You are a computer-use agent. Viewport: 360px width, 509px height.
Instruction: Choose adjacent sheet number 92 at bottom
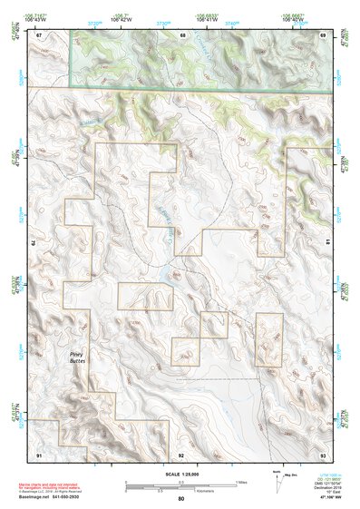coord(181,453)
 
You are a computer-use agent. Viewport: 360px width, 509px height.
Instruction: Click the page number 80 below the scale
coord(181,498)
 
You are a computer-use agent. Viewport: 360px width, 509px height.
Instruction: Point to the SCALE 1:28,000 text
coord(181,475)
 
